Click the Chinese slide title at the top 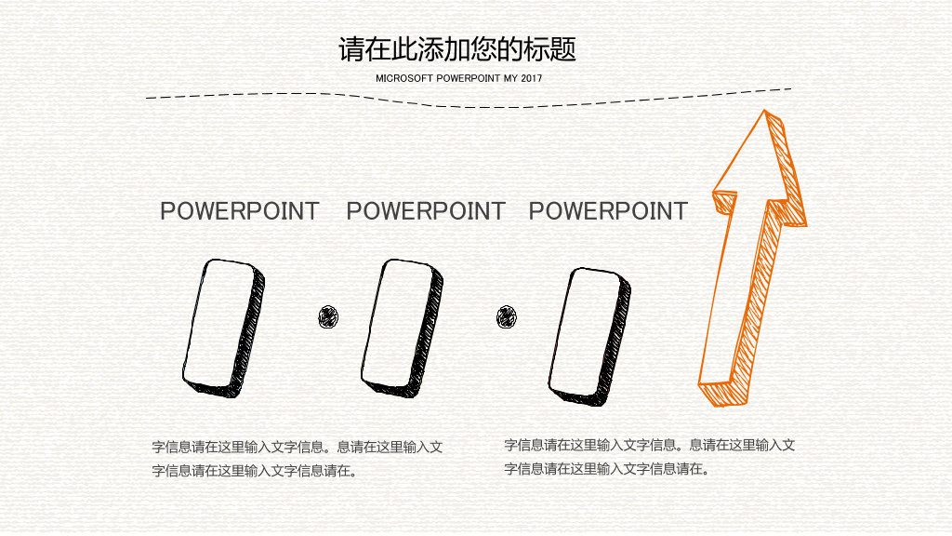point(457,49)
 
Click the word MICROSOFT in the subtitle point(404,78)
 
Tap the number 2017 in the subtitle point(531,78)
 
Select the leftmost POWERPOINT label point(240,211)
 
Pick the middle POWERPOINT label point(426,211)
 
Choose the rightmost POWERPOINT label point(608,211)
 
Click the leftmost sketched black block point(224,328)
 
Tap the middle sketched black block point(402,328)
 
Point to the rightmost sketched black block point(589,336)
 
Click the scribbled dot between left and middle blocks point(328,316)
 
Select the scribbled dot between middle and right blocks point(507,316)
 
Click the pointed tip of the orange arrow point(764,111)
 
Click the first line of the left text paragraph point(297,448)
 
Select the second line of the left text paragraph point(255,471)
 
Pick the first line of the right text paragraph point(650,446)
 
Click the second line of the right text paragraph point(607,469)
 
